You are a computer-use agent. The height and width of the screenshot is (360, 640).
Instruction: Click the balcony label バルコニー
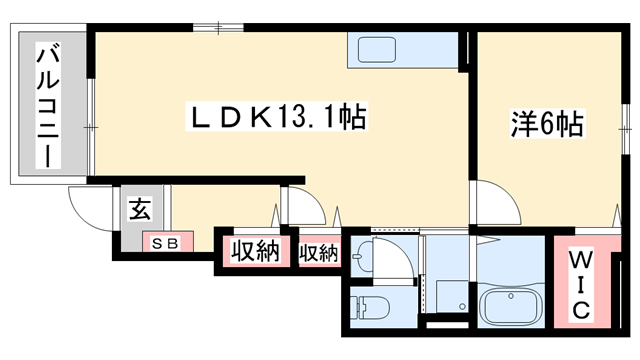(x=47, y=105)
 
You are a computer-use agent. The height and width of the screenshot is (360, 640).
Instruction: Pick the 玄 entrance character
(x=140, y=211)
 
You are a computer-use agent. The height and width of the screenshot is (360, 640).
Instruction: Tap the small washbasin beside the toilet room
(x=361, y=259)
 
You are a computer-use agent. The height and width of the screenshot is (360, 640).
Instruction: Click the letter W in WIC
(x=579, y=262)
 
